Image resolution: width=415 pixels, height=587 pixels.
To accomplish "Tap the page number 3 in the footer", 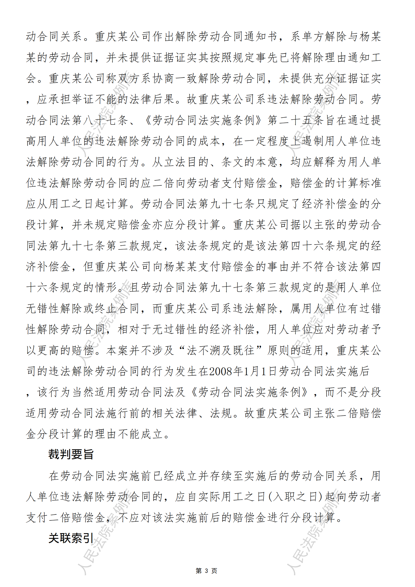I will pos(206,571).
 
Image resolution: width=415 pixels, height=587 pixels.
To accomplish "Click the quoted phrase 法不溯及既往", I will pos(220,350).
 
